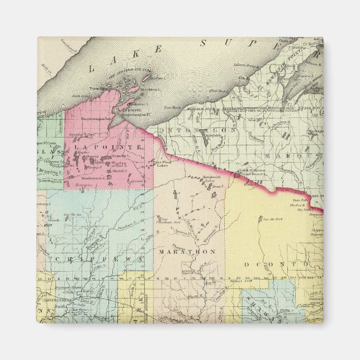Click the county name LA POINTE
click(107, 146)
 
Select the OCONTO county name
click(277, 263)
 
